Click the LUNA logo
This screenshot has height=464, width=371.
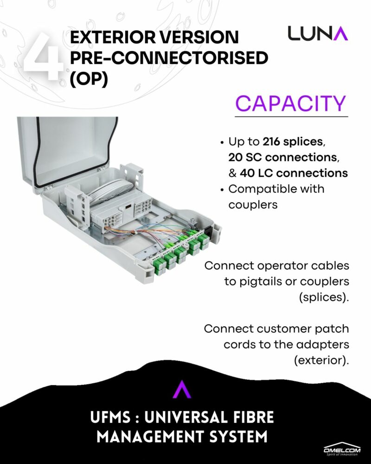click(x=318, y=33)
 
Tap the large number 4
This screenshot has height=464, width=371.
click(x=44, y=56)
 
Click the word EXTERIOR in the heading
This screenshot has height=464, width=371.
click(x=112, y=37)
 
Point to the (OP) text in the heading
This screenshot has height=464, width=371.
click(x=89, y=79)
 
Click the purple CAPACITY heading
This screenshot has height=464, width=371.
click(x=290, y=103)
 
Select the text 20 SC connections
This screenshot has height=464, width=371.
click(x=282, y=157)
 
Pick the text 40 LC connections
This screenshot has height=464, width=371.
click(x=294, y=173)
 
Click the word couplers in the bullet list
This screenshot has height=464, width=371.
click(x=253, y=205)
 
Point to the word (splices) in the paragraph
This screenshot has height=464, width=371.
click(x=324, y=297)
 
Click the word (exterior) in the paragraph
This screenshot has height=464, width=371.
click(x=321, y=360)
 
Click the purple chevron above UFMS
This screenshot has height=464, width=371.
click(x=182, y=389)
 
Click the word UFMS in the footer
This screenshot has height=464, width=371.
click(x=110, y=417)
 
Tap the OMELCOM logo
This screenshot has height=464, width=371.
click(x=342, y=450)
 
